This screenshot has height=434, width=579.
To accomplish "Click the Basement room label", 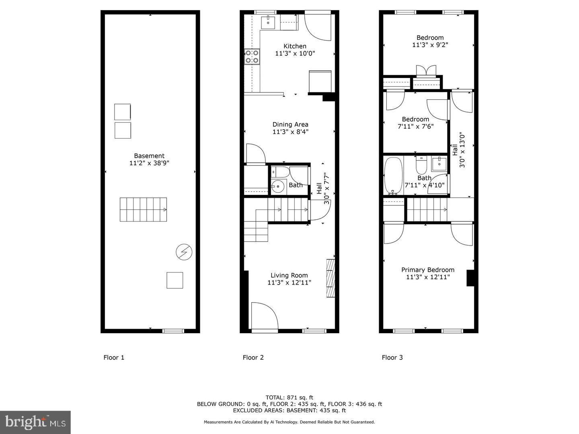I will point(149,156).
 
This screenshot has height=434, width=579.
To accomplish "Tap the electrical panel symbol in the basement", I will point(184,252).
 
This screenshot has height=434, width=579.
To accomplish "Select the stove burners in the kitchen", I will point(252,57).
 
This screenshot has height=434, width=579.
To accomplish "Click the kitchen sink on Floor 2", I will point(268,23).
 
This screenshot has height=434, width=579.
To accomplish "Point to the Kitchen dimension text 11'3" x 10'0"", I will point(295,53).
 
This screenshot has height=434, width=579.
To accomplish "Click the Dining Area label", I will point(290,125).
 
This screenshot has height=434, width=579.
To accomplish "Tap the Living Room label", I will point(289,275).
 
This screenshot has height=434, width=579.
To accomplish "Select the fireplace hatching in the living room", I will point(331,278).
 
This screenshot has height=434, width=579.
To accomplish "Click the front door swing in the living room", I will point(264,316).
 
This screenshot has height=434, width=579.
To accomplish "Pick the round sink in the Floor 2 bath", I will point(277,186).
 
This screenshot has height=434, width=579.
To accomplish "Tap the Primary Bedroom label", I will point(428,270).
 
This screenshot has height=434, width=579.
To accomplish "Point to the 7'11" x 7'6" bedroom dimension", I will point(415,126).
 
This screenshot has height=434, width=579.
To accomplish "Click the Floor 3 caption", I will point(392,357).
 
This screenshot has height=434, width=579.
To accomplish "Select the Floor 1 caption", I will point(114,357).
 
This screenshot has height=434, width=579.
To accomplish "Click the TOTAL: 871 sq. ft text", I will point(289,397).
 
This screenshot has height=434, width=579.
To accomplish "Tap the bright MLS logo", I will point(35,422).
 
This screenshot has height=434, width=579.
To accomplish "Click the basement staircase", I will point(143,209).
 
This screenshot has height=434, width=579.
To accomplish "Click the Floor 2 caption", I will point(253,357).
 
